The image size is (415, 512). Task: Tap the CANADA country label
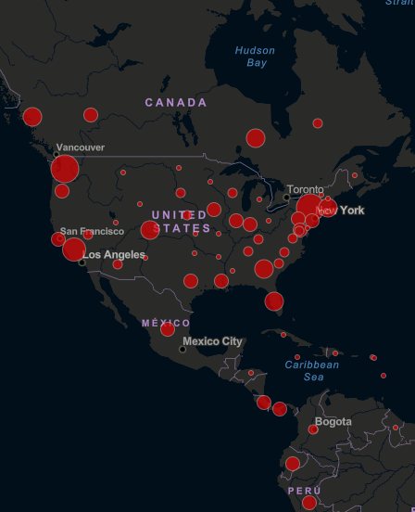click(x=176, y=102)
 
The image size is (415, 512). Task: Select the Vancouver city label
click(x=80, y=147)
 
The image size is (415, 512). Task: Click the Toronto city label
click(x=305, y=190)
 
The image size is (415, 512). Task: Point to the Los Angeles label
click(x=113, y=254)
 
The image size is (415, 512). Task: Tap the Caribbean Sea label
click(x=313, y=371)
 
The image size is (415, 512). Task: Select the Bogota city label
click(x=333, y=422)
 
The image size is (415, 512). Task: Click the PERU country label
click(x=303, y=490)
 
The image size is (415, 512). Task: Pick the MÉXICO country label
click(x=166, y=323)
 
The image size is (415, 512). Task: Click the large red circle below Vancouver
click(x=64, y=169)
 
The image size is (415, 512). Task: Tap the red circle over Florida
click(x=274, y=301)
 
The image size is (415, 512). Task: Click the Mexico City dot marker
click(x=182, y=350)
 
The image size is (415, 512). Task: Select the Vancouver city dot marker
click(x=56, y=154)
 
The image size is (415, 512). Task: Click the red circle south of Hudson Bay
click(x=256, y=138)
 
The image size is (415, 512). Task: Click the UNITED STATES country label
click(x=181, y=222)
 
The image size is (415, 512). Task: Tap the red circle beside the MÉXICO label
click(x=168, y=329)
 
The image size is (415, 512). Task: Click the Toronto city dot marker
click(x=285, y=197)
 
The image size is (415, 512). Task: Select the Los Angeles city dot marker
click(x=82, y=262)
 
